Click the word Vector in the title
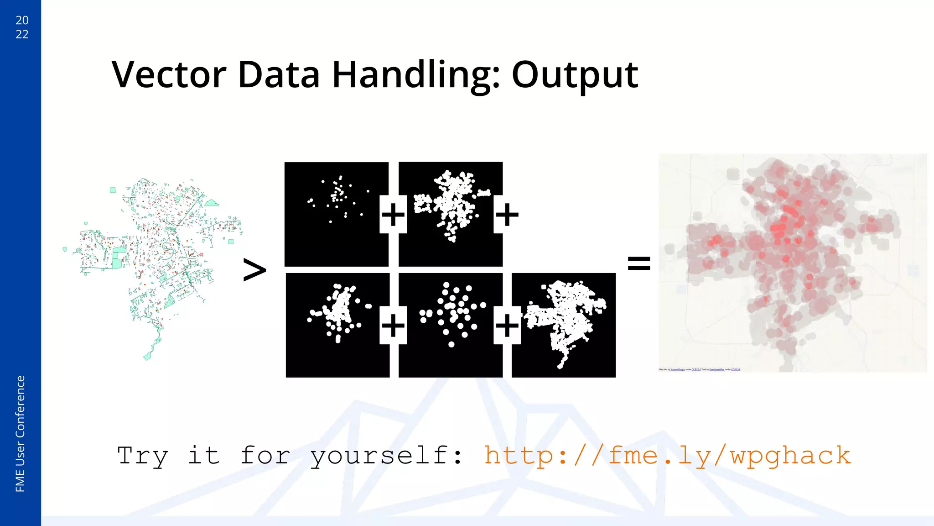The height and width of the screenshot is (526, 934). click(x=169, y=74)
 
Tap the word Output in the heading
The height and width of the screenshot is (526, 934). click(x=575, y=75)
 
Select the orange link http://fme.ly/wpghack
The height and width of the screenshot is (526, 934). click(x=667, y=456)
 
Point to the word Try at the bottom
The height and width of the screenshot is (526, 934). click(x=143, y=456)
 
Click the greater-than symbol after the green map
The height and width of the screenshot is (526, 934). click(x=254, y=270)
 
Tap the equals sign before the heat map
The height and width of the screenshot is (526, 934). click(x=638, y=263)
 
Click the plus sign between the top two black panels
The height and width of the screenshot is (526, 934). click(x=393, y=215)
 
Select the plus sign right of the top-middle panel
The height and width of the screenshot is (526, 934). click(x=507, y=215)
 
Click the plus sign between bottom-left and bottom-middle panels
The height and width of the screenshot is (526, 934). click(x=393, y=326)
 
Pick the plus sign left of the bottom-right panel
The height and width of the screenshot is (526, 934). click(x=507, y=326)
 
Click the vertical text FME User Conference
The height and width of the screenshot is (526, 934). click(x=20, y=434)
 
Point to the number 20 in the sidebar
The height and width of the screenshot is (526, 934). click(x=22, y=20)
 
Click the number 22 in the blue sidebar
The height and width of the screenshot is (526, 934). click(x=22, y=34)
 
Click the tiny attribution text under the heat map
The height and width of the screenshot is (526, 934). click(x=699, y=369)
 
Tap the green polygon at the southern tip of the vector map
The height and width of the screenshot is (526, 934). click(x=147, y=357)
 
